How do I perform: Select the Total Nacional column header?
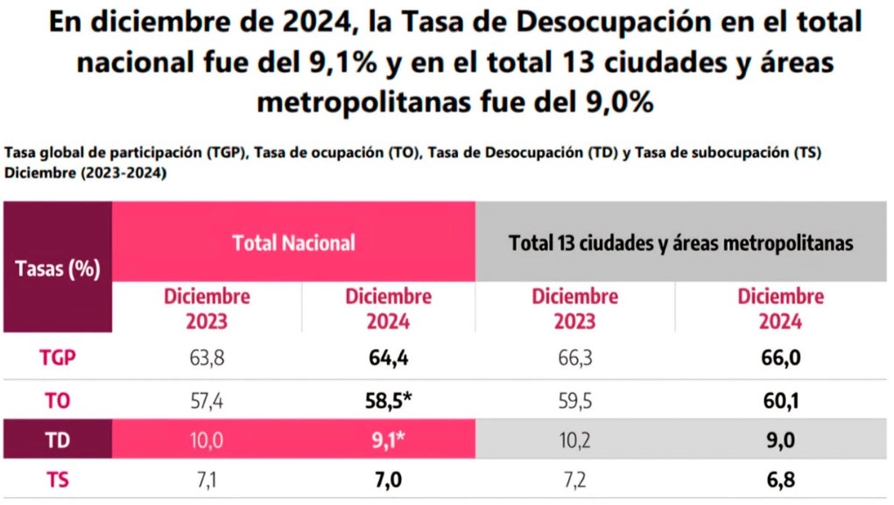point(293,242)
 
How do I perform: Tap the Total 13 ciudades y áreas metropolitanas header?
point(680,242)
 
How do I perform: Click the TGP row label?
point(56,358)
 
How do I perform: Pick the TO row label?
point(56,401)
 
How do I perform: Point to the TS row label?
point(56,480)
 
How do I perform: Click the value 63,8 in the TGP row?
point(207,358)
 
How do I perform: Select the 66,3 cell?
point(574,358)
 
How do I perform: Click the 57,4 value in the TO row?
point(207,401)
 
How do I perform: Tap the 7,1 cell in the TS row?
point(207,480)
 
